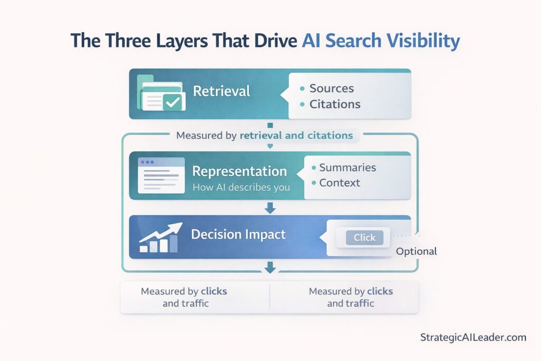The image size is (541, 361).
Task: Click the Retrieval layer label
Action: (221, 91)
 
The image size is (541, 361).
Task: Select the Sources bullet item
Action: (331, 88)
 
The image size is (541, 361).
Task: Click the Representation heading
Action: (239, 171)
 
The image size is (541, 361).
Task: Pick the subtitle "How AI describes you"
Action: (241, 187)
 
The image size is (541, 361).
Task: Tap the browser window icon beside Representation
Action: (161, 175)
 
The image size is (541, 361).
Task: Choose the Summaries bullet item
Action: (347, 168)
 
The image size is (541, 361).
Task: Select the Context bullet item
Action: (339, 183)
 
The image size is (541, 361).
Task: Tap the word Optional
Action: (416, 251)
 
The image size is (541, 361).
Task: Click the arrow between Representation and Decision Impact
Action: (270, 208)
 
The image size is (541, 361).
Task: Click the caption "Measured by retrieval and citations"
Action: (264, 135)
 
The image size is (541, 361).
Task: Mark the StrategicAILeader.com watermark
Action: (473, 337)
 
